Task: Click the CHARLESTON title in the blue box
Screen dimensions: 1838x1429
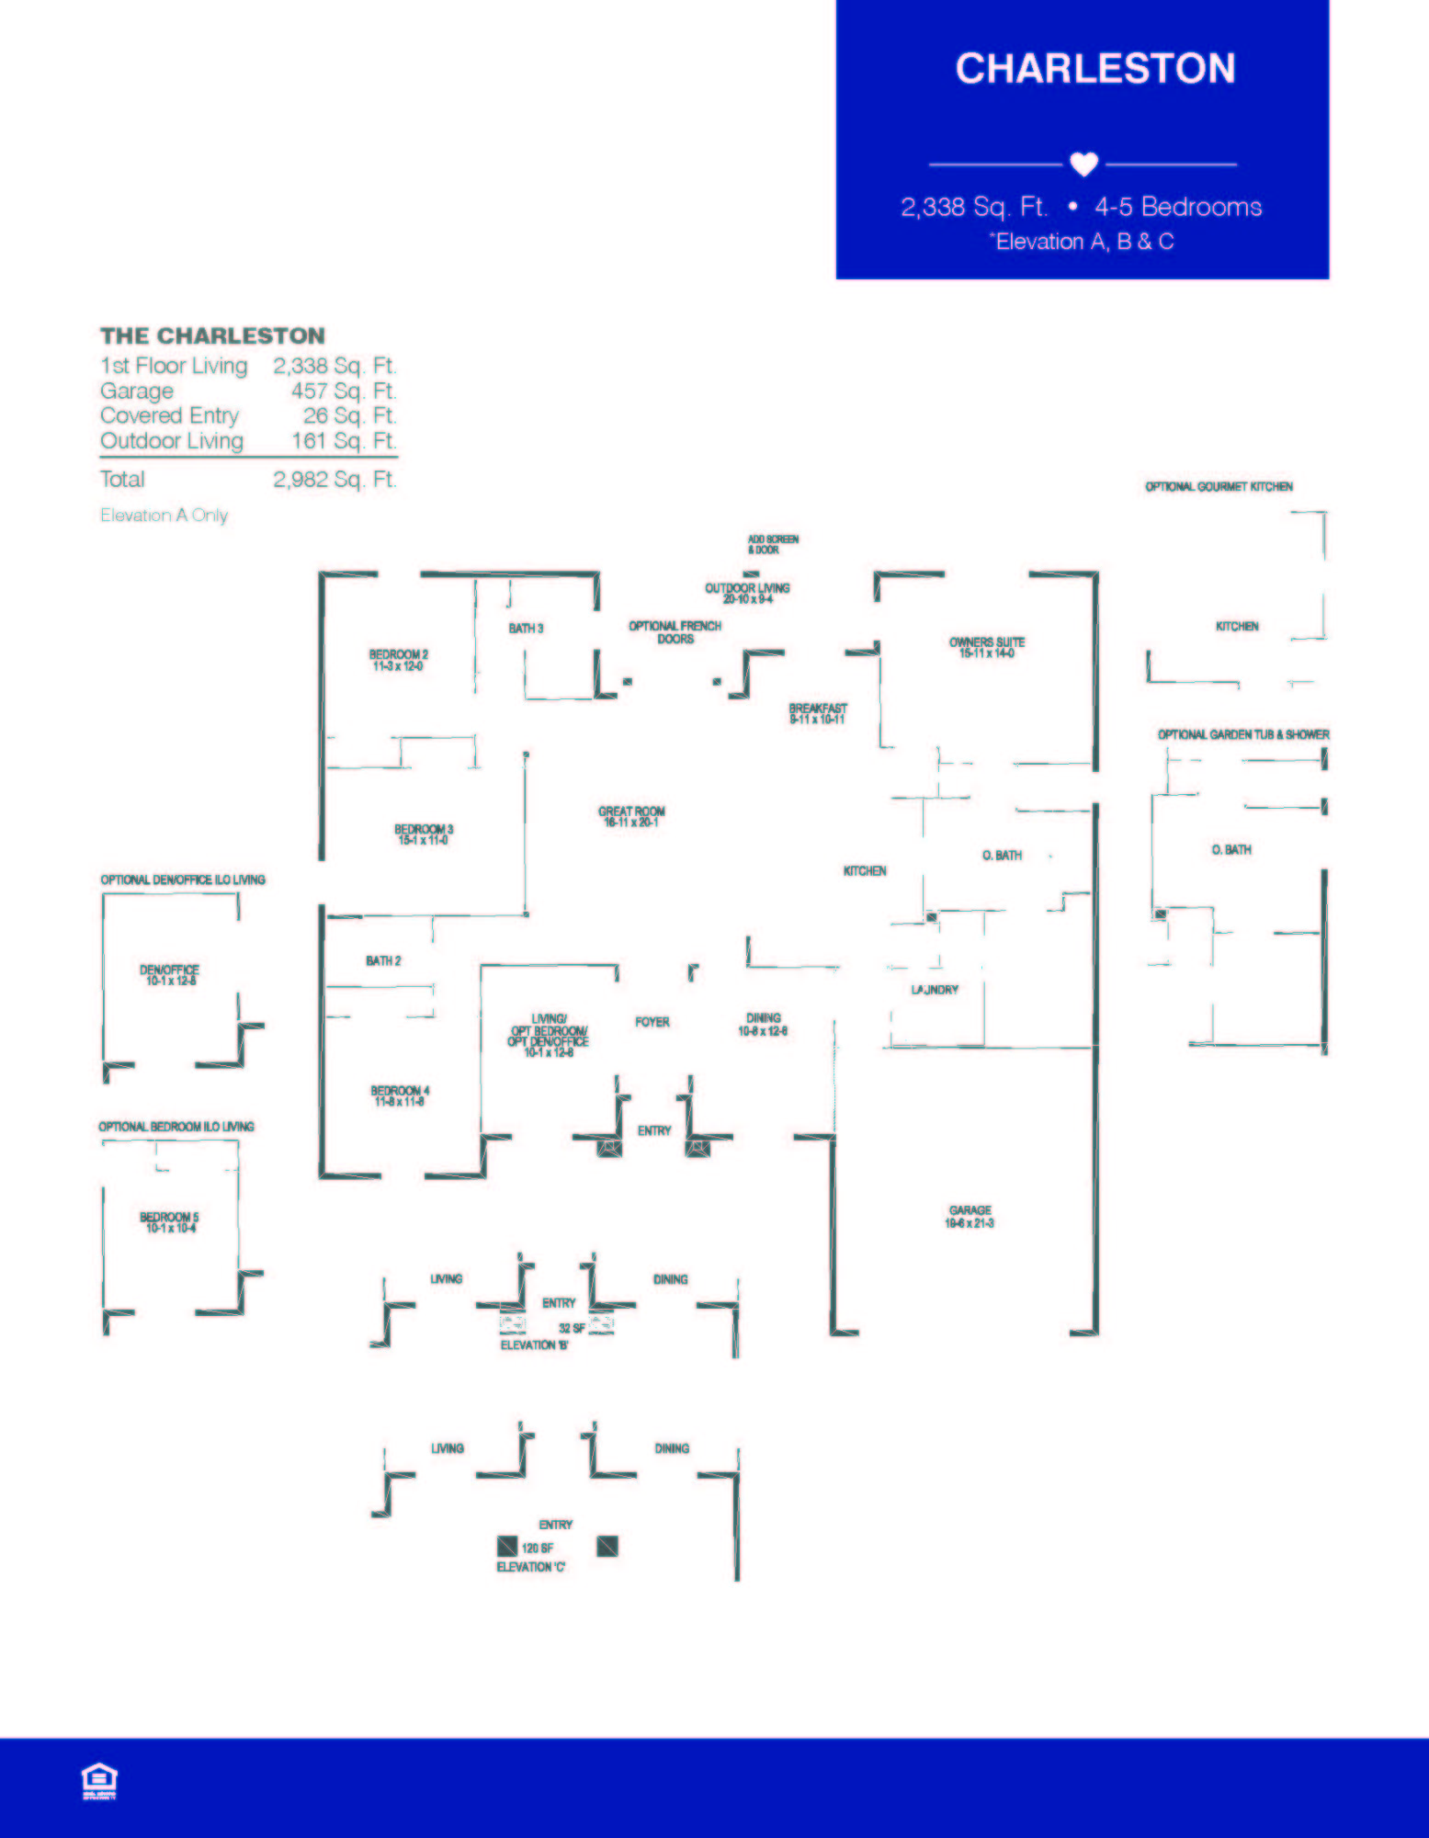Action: (x=1094, y=69)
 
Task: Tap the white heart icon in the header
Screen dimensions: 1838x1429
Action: (x=1083, y=164)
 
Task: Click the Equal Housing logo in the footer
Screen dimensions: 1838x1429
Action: (x=99, y=1780)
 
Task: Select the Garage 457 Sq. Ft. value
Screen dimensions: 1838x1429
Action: (x=343, y=391)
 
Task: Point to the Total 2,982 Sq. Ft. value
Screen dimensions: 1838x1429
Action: (x=334, y=479)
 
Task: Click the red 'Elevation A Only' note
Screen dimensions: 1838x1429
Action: (x=164, y=516)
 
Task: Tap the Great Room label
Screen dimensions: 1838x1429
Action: (x=631, y=816)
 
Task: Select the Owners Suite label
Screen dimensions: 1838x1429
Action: (x=986, y=647)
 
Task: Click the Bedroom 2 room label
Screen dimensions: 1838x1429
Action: (x=398, y=660)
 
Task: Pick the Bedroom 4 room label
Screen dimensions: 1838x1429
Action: (x=400, y=1095)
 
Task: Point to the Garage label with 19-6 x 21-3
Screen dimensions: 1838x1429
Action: (x=970, y=1216)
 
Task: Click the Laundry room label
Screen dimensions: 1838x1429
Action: (x=935, y=990)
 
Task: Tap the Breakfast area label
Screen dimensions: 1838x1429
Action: (x=817, y=713)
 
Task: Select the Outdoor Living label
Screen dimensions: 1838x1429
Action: (x=747, y=593)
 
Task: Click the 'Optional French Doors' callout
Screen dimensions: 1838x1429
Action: (x=675, y=631)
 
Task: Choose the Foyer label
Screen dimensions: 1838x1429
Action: (x=652, y=1022)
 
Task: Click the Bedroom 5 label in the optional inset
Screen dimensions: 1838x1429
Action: (x=169, y=1222)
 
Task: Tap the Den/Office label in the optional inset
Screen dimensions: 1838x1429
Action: (x=169, y=974)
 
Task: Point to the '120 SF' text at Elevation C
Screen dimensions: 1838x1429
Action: (x=538, y=1548)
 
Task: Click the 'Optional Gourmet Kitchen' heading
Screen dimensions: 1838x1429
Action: (x=1219, y=486)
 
